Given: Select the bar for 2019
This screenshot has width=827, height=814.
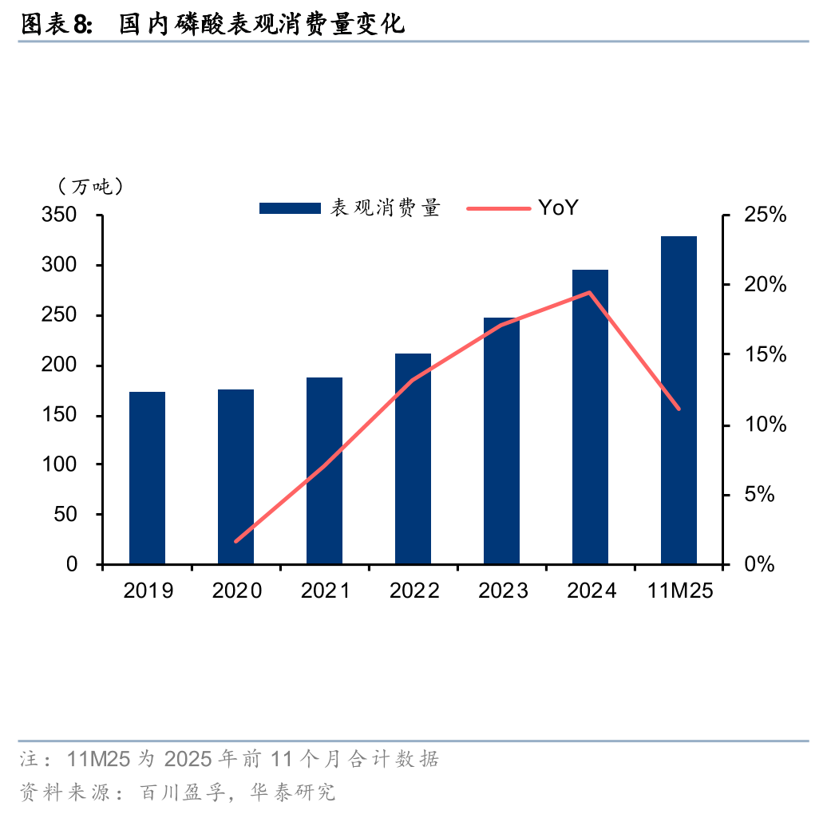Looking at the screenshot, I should click(147, 478).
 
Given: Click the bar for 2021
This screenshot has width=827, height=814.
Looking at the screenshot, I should click(324, 471).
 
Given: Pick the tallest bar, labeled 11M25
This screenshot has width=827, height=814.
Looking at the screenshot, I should click(679, 400).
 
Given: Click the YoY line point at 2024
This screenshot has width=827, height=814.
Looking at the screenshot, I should click(590, 292).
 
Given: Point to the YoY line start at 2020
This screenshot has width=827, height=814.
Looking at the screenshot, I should click(235, 541).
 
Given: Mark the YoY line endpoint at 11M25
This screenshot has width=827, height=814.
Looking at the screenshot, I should click(679, 409).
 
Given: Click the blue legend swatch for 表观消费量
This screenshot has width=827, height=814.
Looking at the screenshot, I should click(290, 208).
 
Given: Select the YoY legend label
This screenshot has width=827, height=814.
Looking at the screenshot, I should click(557, 208).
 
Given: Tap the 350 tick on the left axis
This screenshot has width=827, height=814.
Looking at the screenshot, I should click(60, 215).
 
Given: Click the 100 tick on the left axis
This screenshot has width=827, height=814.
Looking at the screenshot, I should click(60, 464).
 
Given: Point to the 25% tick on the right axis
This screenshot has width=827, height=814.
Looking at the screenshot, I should click(764, 215).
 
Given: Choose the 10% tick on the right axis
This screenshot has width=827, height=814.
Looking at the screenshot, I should click(764, 425).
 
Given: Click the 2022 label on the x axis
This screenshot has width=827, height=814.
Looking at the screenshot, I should click(413, 591).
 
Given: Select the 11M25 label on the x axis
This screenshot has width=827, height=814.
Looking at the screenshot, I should click(679, 591).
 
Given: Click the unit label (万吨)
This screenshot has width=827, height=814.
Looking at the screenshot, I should click(90, 187).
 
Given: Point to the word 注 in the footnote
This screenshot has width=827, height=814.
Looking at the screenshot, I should click(29, 757).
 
